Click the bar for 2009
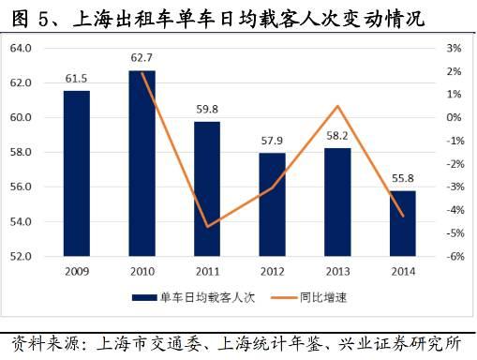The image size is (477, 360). [77, 173]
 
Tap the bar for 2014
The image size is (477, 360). [403, 223]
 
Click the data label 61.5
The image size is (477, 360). [77, 78]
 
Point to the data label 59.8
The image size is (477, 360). [207, 109]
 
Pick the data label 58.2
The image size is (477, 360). [338, 136]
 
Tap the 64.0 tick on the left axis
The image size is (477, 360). [21, 48]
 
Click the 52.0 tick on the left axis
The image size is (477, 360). [21, 256]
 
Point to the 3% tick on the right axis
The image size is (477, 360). [455, 48]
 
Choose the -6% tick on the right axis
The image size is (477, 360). [453, 256]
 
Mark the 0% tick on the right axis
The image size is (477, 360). [455, 117]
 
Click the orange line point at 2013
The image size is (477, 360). [338, 106]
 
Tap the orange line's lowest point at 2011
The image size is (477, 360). [207, 227]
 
